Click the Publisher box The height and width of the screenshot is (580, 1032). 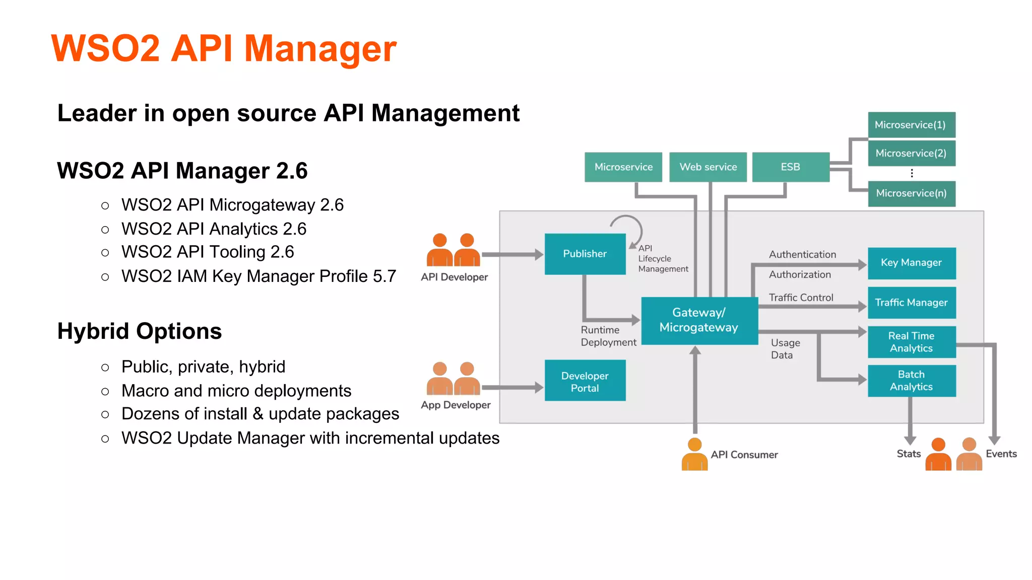pos(585,254)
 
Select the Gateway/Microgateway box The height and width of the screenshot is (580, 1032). pos(699,320)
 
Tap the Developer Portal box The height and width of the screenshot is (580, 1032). pos(585,381)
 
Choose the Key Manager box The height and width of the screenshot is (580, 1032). pos(911,263)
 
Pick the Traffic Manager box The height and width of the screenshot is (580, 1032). pos(911,303)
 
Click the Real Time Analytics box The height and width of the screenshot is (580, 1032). pos(911,342)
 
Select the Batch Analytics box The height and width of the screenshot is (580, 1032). pos(911,381)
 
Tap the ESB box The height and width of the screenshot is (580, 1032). pos(790,167)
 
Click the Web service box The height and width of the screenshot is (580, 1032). pos(708,167)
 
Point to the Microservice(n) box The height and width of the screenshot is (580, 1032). pos(911,193)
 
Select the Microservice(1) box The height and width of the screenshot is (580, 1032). pos(911,125)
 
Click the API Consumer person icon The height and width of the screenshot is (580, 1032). pos(694,454)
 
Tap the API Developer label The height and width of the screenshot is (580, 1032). pos(454,277)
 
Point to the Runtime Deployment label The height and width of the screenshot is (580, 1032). pos(608,336)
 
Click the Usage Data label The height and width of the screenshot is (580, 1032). pos(785,348)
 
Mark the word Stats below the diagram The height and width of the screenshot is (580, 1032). pos(908,454)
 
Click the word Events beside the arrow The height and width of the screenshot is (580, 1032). pos(1001,454)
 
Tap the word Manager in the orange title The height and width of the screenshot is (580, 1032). pos(320,49)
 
